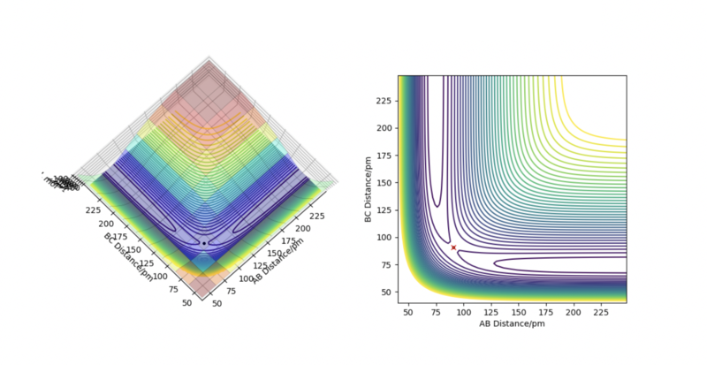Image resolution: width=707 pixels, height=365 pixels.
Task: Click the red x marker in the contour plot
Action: point(453,247)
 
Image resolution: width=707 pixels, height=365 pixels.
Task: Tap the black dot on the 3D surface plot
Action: point(204,243)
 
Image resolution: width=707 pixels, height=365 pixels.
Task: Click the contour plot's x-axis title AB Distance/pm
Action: point(511,323)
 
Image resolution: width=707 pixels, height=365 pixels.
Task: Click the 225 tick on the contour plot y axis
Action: point(385,101)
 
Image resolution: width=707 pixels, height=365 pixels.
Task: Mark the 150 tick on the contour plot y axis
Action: point(385,183)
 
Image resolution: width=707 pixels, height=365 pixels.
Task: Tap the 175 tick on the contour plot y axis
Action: point(385,156)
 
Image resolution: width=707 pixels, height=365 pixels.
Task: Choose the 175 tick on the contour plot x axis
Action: point(545,311)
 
